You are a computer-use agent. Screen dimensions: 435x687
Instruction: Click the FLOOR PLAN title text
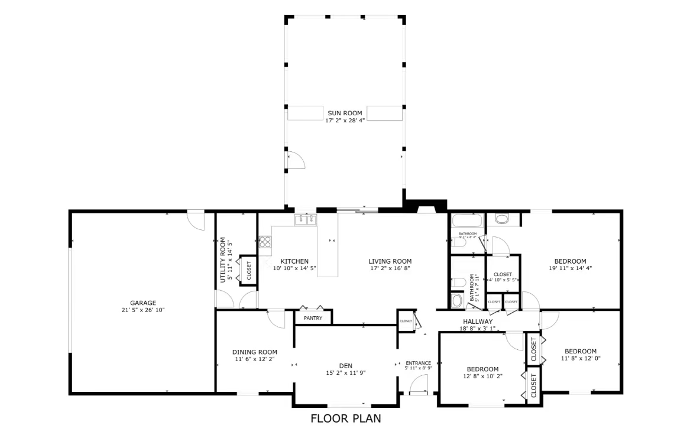coord(346,418)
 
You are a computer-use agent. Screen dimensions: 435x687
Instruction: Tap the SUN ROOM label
coord(345,113)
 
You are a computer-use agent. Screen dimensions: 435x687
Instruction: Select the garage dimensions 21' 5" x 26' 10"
coord(143,310)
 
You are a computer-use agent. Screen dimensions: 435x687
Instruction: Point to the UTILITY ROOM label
coord(223,260)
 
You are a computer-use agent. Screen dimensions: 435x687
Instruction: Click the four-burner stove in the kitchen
coord(265,241)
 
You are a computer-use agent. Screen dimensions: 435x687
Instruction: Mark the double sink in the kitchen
coord(306,219)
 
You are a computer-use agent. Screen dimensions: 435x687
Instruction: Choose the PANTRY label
coord(313,318)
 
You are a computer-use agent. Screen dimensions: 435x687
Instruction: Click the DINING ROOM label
coord(254,352)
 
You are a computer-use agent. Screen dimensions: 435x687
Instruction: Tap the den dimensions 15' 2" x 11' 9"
coord(346,372)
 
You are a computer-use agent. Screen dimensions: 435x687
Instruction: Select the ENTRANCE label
coord(418,363)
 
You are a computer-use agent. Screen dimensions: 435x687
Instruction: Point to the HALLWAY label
coord(478,322)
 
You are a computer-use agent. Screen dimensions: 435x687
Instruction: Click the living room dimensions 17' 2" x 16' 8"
coord(390,268)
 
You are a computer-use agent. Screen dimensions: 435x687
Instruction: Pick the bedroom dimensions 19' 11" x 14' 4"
coord(570,268)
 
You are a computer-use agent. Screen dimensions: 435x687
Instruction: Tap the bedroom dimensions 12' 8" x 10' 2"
coord(482,376)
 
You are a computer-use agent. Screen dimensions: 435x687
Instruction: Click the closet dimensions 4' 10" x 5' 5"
coord(503,280)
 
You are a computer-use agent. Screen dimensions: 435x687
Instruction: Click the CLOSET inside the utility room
coord(248,271)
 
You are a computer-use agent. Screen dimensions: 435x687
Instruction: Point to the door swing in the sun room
coord(294,160)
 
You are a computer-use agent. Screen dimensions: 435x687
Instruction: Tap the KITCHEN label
coord(294,261)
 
